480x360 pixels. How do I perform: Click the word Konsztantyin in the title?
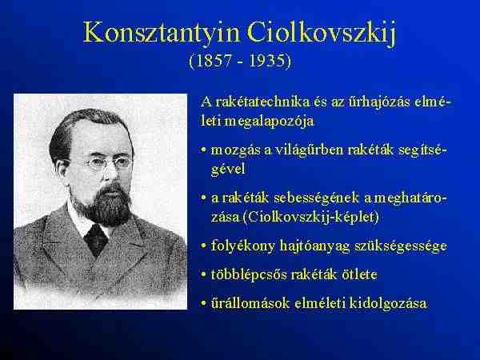click(161, 32)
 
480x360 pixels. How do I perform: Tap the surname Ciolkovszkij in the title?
click(322, 34)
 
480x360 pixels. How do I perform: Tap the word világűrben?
click(308, 150)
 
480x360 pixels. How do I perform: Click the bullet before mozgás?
click(204, 150)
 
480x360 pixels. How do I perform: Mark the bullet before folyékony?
click(204, 246)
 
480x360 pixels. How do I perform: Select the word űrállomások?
click(250, 303)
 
